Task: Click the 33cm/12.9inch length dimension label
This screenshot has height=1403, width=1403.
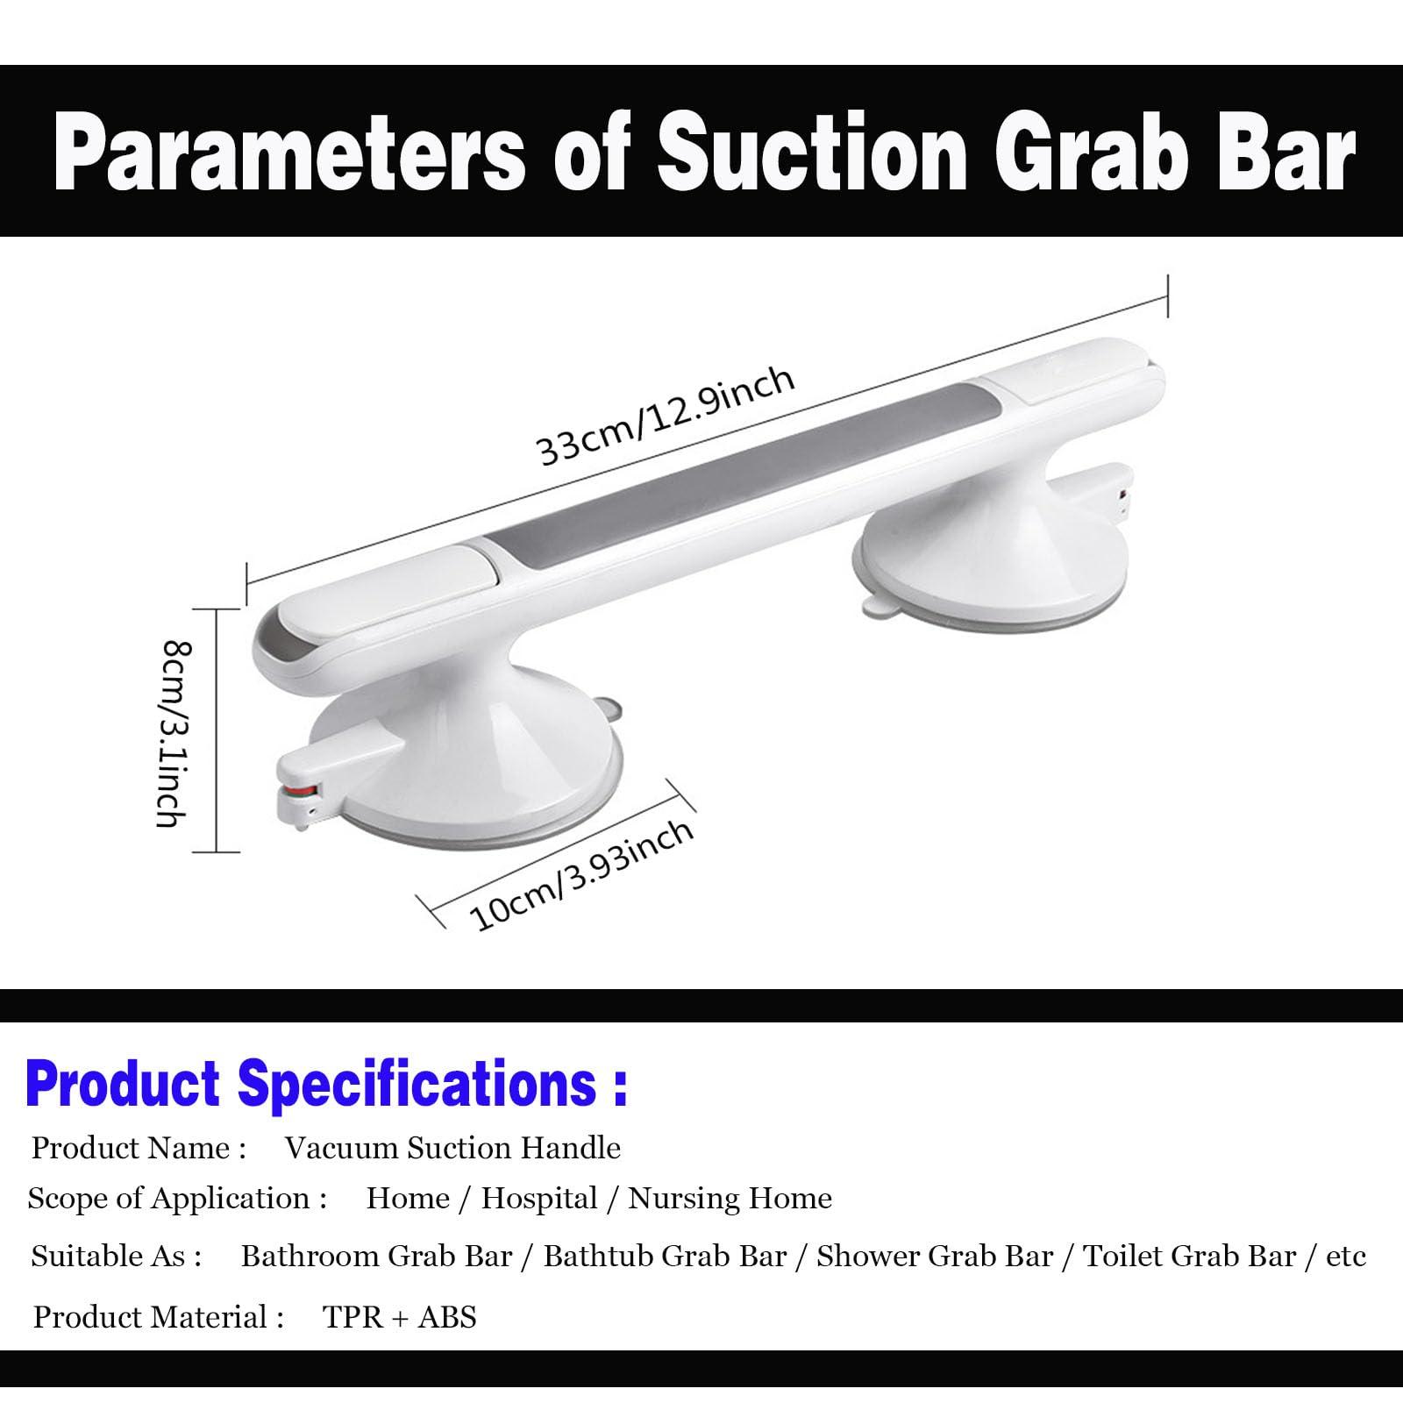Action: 665,417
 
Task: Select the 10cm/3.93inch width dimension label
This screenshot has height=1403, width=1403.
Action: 582,875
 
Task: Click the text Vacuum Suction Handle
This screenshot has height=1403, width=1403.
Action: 452,1148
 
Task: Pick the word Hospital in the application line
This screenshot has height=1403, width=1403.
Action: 539,1198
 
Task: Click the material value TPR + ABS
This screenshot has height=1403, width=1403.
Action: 399,1317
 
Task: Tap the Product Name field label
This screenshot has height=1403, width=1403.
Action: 139,1148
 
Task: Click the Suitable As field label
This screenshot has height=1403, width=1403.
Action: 117,1257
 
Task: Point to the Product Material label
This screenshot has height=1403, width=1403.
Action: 159,1317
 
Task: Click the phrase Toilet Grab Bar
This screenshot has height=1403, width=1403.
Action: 1190,1257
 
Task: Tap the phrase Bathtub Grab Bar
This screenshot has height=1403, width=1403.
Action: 665,1257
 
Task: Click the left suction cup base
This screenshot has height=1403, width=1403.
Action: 465,772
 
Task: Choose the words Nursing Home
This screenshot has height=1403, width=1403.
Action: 730,1198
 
